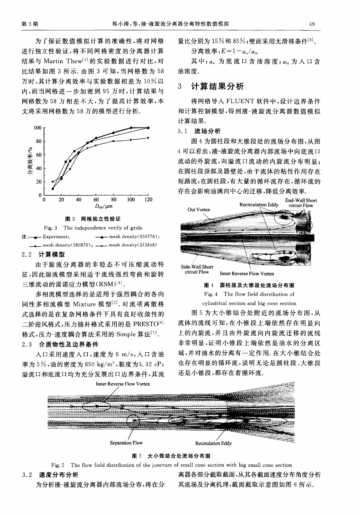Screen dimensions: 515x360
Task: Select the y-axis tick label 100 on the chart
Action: click(37, 128)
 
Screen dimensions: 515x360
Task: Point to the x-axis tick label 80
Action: click(114, 200)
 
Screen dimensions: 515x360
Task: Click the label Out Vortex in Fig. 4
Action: click(199, 210)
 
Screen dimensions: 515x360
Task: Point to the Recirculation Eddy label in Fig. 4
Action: click(259, 205)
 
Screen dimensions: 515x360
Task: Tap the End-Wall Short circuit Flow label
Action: click(301, 203)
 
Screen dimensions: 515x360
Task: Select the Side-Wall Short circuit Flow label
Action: click(197, 269)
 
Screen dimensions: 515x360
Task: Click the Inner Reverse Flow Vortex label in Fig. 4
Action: click(247, 274)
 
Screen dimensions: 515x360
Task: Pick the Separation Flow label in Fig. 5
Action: click(126, 443)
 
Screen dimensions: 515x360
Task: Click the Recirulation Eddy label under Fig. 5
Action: click(214, 443)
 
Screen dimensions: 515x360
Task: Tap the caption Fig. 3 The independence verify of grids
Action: click(93, 228)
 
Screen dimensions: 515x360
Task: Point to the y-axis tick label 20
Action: click(39, 182)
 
